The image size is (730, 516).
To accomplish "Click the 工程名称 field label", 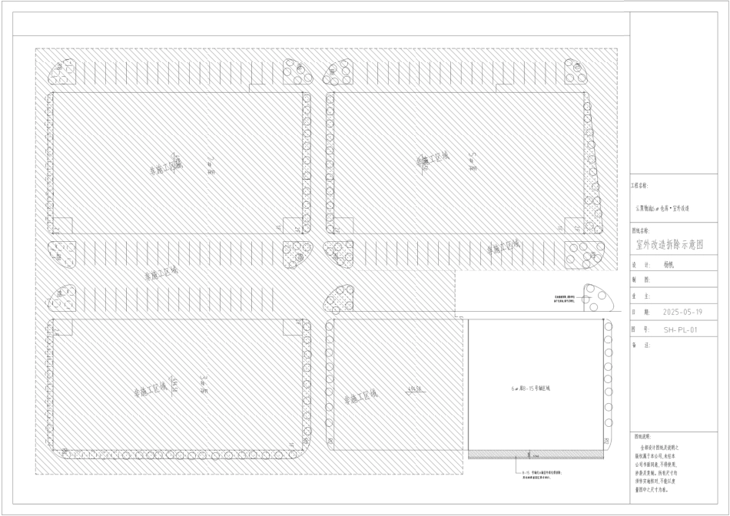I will coord(639,186).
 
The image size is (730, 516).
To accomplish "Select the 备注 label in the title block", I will coord(637,346).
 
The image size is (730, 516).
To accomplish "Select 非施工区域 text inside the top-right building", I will coord(432,160).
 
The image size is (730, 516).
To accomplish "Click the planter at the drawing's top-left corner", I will coord(62,72).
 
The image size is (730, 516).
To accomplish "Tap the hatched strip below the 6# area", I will coord(536,455).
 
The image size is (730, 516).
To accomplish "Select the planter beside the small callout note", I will coord(599,298).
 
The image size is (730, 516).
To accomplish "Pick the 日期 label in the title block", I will coord(637,313).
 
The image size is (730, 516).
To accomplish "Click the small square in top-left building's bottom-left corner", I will coord(62,227).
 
